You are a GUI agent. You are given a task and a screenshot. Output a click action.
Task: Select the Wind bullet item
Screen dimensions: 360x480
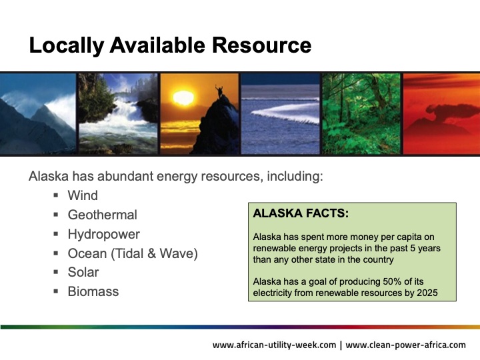83,195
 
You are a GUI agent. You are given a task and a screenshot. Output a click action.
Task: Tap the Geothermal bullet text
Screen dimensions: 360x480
102,215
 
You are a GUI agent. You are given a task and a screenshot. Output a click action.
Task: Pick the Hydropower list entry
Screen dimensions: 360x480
103,234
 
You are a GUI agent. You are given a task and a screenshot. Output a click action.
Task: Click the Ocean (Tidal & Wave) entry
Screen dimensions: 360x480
133,253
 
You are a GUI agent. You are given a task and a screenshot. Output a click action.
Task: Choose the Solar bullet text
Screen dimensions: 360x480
83,272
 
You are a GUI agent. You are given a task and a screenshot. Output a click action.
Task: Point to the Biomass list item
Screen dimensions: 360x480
93,291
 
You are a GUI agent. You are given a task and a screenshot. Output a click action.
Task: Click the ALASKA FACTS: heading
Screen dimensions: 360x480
301,215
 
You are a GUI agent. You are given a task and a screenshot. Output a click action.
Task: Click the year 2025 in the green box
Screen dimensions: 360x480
427,293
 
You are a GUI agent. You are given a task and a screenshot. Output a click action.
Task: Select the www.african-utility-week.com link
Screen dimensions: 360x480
273,345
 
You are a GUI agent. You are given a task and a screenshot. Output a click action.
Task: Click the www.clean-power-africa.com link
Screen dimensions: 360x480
406,345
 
